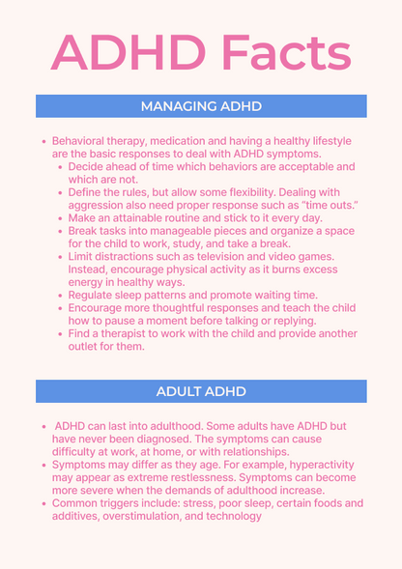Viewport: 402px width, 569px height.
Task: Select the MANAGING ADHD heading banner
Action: [201, 105]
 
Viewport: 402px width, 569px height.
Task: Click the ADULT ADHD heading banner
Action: [201, 391]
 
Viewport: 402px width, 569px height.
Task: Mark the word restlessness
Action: [204, 477]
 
